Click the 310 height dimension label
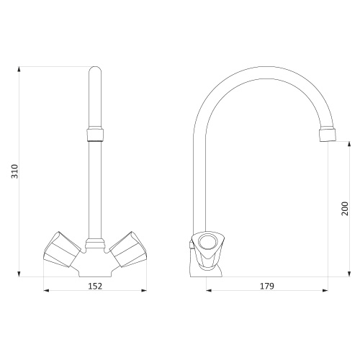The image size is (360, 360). [x=15, y=171]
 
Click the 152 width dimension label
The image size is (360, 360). [x=95, y=286]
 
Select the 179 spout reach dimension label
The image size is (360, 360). [x=267, y=286]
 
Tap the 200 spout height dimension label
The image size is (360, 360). [x=345, y=209]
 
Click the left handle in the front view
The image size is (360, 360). [x=62, y=249]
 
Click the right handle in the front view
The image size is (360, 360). [x=128, y=249]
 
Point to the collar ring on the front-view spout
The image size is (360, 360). [x=95, y=135]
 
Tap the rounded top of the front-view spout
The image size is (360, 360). [x=95, y=70]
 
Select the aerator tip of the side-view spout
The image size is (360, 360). [x=328, y=135]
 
